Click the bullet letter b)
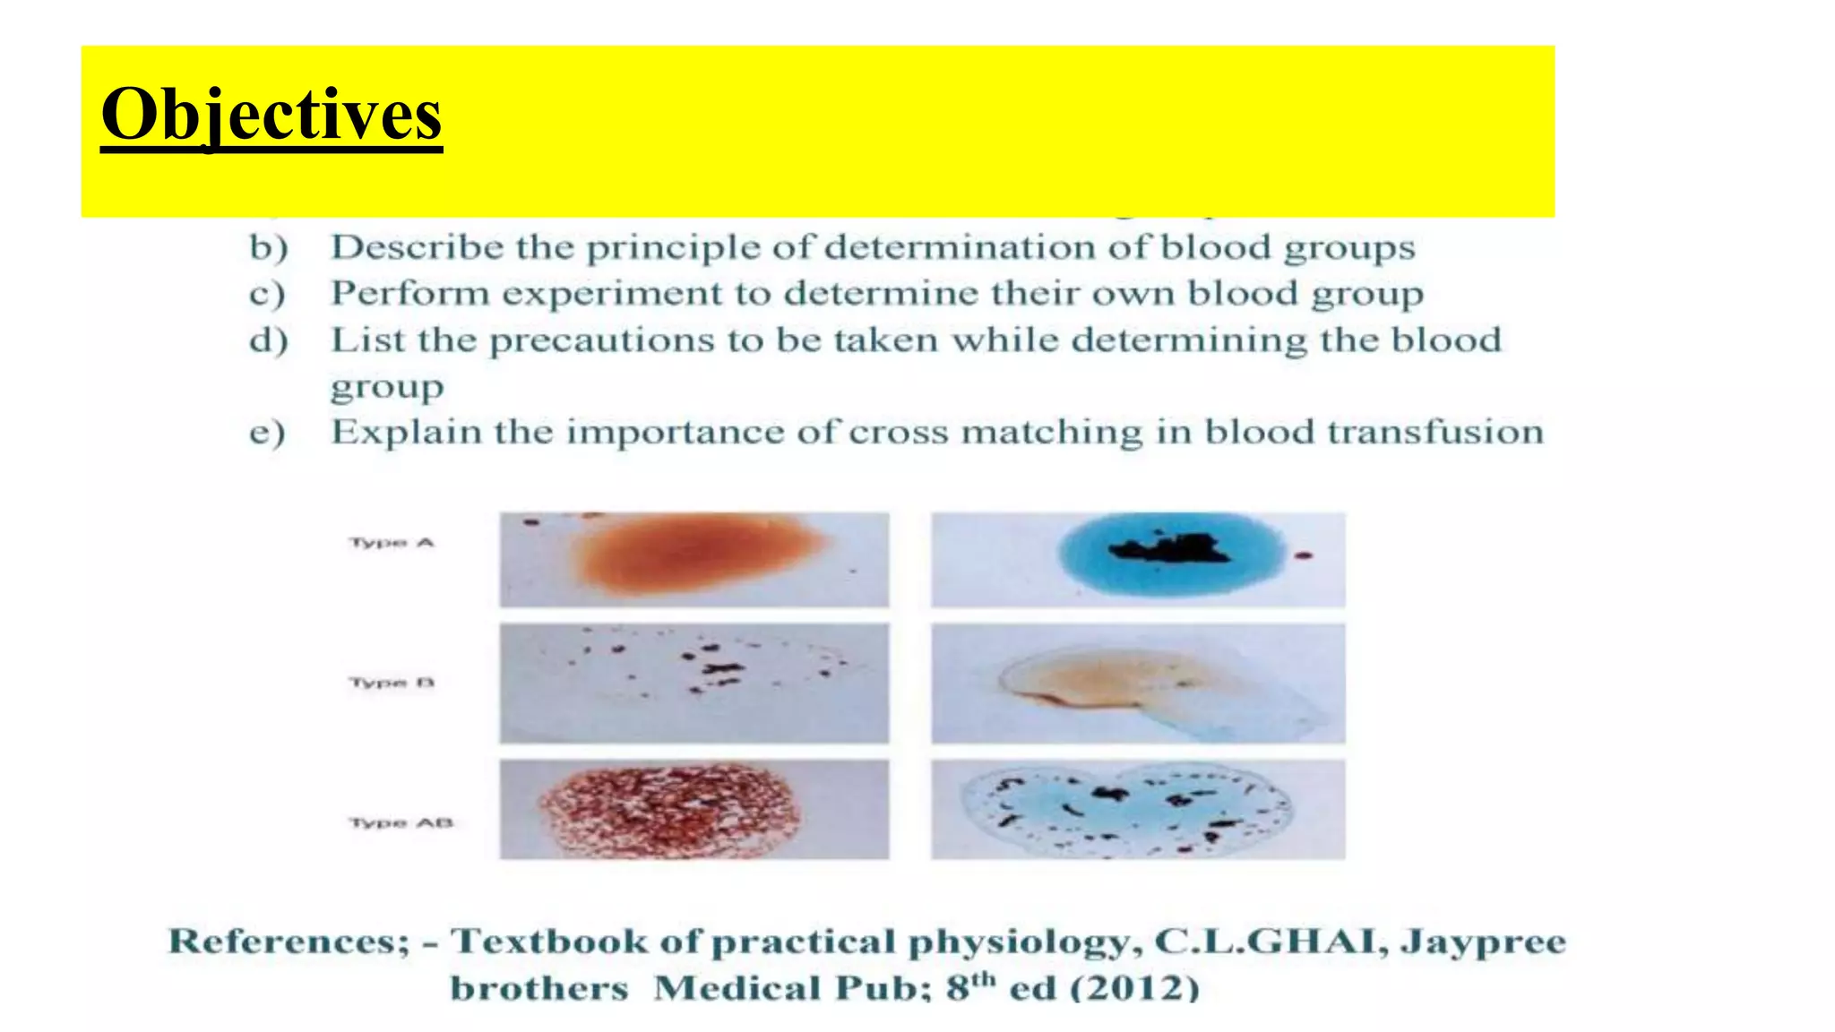268,248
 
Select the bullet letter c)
267,294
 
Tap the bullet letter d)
268,340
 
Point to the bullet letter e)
267,433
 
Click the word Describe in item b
417,247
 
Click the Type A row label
392,543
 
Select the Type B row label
392,683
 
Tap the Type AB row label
401,822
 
